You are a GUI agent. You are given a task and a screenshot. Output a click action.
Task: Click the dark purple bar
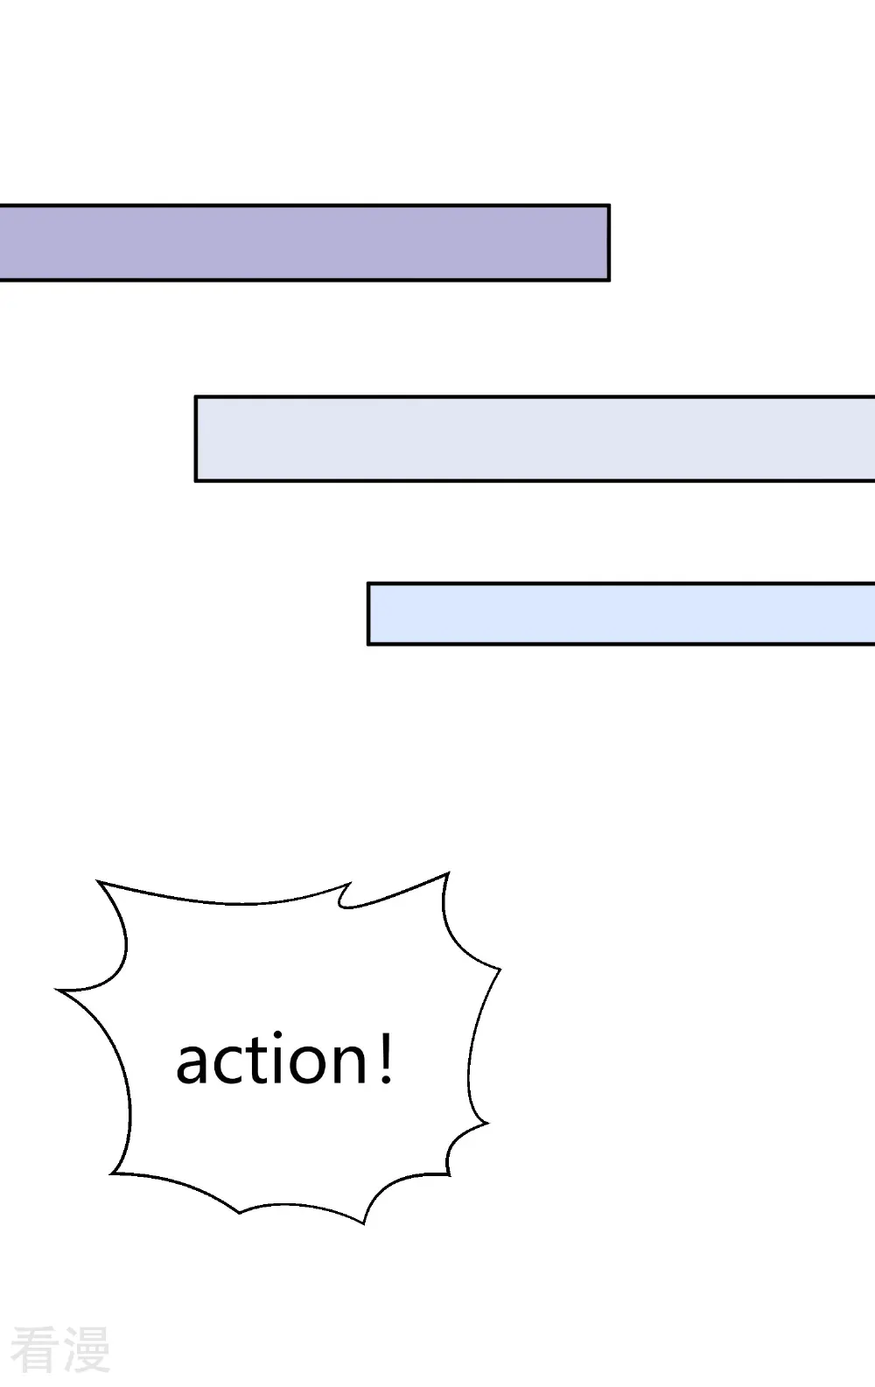tap(304, 242)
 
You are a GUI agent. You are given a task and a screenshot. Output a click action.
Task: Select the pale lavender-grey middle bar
tap(535, 438)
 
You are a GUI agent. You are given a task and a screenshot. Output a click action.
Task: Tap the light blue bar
tap(621, 613)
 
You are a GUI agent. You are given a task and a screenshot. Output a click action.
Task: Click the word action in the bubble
tap(272, 1060)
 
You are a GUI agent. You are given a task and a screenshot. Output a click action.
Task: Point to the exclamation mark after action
tap(386, 1060)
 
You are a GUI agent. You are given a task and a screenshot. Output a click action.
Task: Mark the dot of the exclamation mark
tap(386, 1079)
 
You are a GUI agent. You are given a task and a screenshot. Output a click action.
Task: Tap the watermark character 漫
tap(87, 1349)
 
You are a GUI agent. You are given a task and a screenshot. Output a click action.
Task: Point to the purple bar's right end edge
tap(609, 242)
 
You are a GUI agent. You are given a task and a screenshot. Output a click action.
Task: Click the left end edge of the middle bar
tap(196, 438)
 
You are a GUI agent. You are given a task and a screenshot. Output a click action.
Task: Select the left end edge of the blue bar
tap(368, 613)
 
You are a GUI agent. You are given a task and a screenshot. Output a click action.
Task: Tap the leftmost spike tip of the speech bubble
tap(57, 990)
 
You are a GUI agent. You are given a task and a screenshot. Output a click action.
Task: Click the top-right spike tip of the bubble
tap(448, 873)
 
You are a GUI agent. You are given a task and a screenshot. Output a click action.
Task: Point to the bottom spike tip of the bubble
tap(363, 1223)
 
